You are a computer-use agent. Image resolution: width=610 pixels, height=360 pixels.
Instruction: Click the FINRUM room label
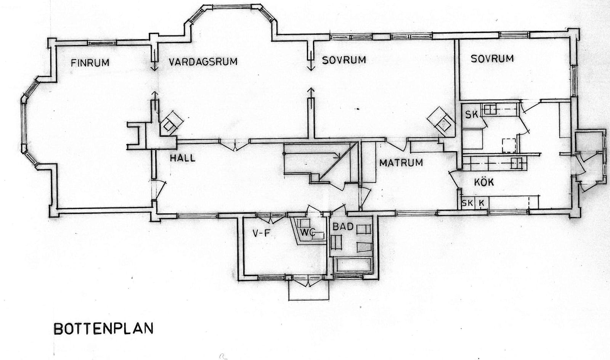click(x=90, y=63)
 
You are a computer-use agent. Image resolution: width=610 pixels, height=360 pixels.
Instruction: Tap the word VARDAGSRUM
click(x=203, y=61)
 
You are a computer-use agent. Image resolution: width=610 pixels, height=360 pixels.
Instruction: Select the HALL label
click(x=183, y=158)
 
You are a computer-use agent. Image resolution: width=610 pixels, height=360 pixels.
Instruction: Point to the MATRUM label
click(x=401, y=162)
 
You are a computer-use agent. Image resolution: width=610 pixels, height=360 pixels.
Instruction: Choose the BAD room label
click(x=343, y=226)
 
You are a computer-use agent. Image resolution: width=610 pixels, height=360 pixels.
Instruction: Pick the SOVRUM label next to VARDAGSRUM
click(x=344, y=60)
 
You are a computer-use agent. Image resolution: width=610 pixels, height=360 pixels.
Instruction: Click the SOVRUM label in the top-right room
click(x=492, y=59)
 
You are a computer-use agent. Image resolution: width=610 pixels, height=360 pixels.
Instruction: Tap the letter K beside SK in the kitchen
click(x=482, y=203)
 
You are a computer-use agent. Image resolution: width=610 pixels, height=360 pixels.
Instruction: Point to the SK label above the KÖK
click(x=471, y=115)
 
